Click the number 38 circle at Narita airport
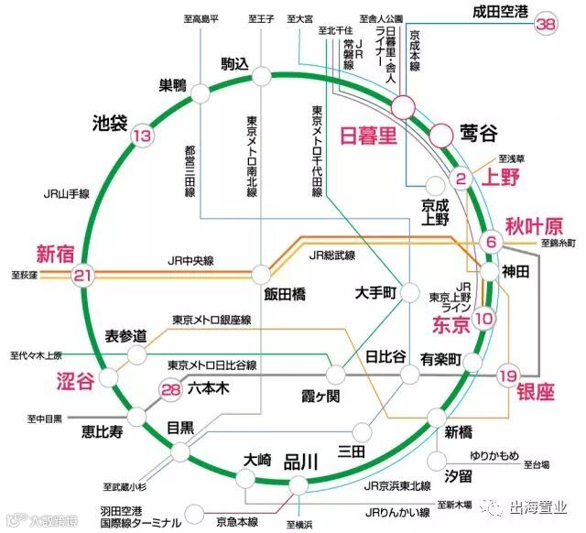pos(547,25)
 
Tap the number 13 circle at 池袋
pos(142,137)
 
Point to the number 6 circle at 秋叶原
pos(491,242)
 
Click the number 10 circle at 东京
pos(485,318)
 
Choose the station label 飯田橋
pos(284,295)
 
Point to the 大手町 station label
pos(374,293)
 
